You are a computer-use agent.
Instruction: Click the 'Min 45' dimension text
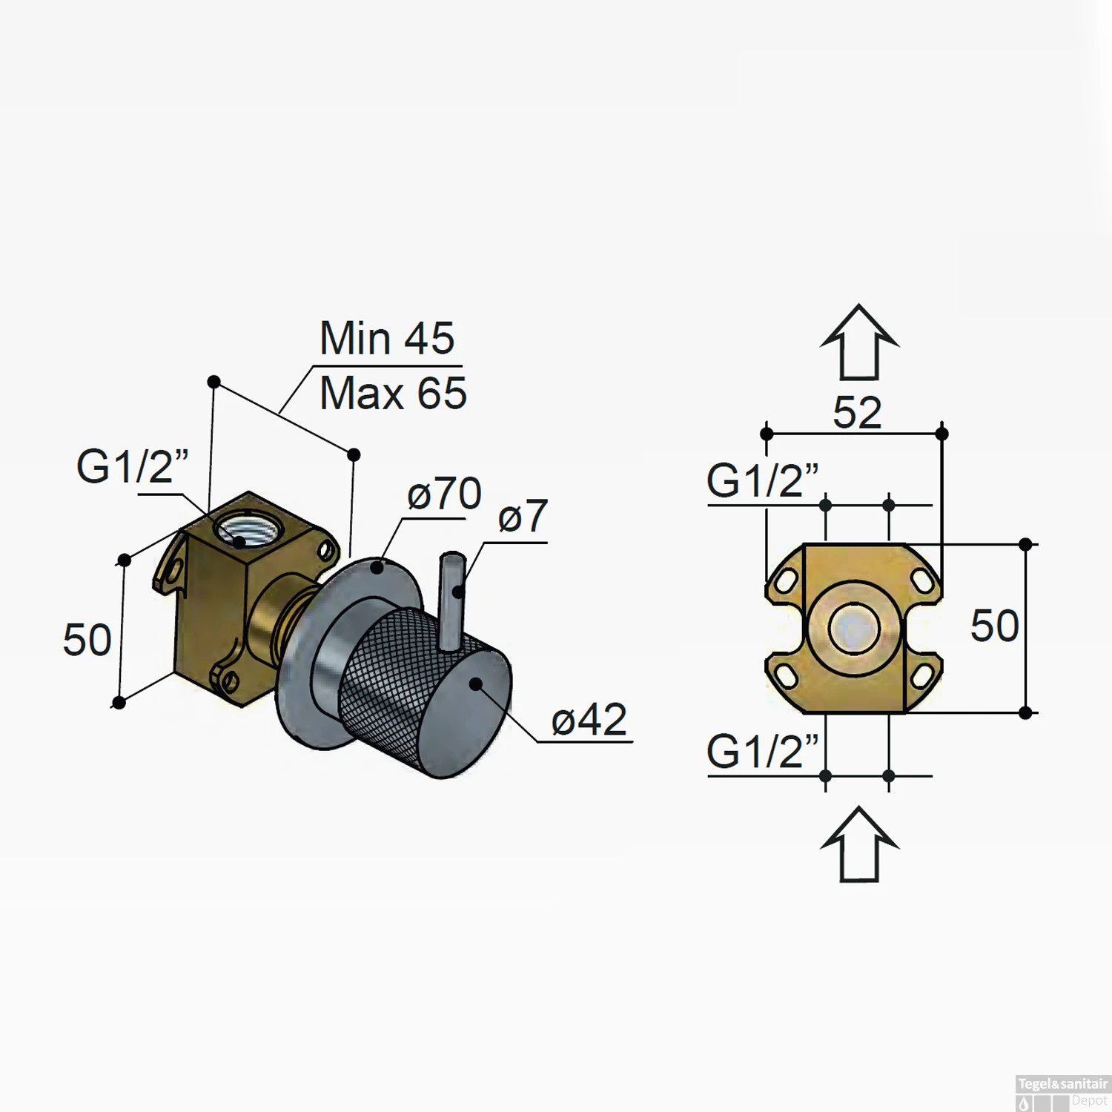click(386, 339)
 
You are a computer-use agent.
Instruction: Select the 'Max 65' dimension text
click(393, 393)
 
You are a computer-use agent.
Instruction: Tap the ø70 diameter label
click(444, 494)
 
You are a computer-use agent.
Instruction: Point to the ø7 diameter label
click(523, 516)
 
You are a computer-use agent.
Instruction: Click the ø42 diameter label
click(589, 719)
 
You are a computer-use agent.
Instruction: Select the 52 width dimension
click(857, 412)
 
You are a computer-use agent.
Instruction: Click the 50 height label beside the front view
click(994, 626)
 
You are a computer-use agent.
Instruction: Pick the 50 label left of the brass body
click(87, 640)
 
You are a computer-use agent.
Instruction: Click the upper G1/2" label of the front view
click(762, 480)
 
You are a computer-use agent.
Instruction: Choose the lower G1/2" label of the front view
click(762, 752)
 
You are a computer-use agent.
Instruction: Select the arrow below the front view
click(859, 844)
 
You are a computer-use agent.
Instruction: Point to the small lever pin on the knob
click(451, 600)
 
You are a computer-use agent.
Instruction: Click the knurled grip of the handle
click(385, 667)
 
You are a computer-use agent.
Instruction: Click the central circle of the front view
click(854, 629)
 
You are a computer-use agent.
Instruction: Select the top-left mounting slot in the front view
click(786, 580)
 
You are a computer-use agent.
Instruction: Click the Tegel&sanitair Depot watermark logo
click(1062, 1093)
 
